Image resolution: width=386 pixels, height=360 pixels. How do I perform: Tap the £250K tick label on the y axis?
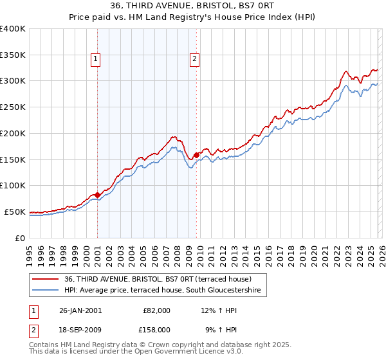coord(13,107)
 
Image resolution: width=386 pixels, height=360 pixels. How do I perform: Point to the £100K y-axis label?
coord(13,185)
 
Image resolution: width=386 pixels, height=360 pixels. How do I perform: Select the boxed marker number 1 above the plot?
coord(96,60)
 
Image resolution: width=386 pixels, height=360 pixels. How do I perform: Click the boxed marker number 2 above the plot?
coord(194,60)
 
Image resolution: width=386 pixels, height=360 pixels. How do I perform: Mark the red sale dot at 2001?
coord(97,195)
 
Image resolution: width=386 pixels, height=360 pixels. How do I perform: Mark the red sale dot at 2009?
coord(196,154)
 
